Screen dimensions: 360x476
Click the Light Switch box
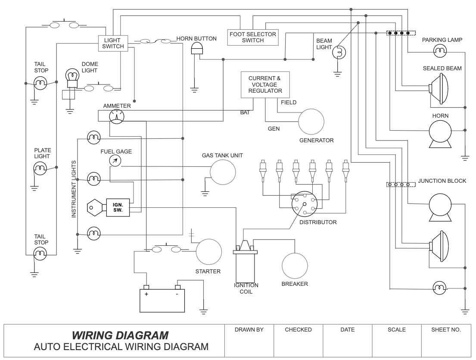[113, 44]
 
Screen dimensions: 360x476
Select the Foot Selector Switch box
[253, 37]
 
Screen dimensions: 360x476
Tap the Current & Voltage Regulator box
[265, 85]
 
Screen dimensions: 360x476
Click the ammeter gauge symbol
[116, 116]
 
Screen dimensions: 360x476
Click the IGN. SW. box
[118, 207]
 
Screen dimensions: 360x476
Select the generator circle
[311, 121]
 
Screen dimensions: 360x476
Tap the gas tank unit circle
[223, 172]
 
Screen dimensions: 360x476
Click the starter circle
[208, 252]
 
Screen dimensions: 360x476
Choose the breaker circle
[295, 265]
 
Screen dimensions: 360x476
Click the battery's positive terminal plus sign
[146, 294]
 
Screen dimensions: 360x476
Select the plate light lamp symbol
[40, 168]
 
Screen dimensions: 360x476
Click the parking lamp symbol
[440, 52]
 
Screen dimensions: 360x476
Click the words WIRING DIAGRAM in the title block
[120, 335]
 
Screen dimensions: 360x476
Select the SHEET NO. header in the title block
[446, 330]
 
